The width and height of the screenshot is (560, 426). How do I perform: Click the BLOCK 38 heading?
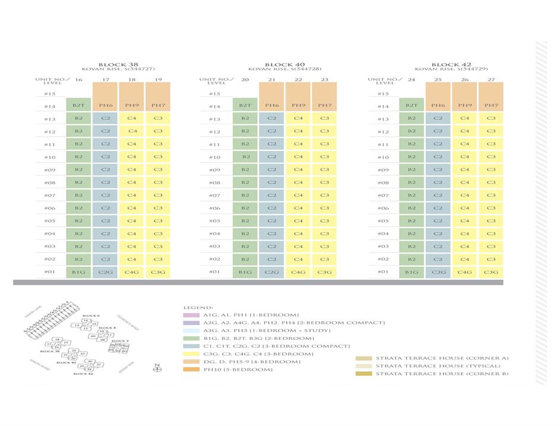tap(118, 64)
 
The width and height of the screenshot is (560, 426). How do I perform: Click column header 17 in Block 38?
tap(106, 80)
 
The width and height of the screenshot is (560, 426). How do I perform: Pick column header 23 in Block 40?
tap(324, 80)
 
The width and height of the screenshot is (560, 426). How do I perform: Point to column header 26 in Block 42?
tap(464, 80)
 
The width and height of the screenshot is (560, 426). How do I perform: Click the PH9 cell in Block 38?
tap(132, 106)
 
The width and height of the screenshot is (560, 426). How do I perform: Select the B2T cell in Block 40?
tap(245, 106)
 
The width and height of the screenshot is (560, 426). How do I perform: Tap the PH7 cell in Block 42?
tap(491, 106)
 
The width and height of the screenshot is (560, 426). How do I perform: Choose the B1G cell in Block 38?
tap(78, 272)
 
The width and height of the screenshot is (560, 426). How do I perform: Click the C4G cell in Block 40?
tap(298, 272)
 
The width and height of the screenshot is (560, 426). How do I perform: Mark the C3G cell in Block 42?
tap(491, 272)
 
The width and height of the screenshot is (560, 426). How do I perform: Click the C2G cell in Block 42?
tap(438, 272)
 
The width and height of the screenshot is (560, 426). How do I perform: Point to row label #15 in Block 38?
tap(49, 93)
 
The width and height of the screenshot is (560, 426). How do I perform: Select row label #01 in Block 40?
tap(214, 272)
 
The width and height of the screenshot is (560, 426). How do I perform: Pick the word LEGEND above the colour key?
tap(195, 307)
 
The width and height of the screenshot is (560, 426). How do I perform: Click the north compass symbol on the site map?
tap(157, 369)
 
